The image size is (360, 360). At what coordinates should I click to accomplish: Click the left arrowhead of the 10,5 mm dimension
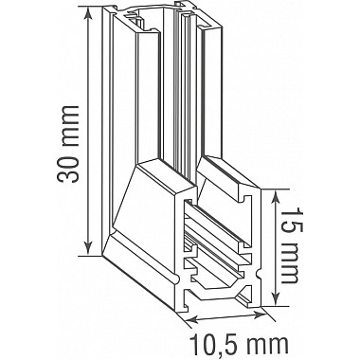tap(181, 317)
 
